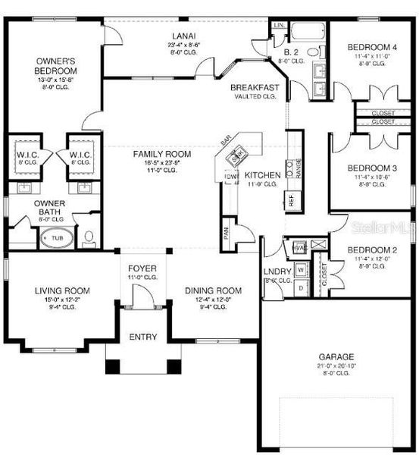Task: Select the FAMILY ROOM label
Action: (162, 154)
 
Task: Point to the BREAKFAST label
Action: (255, 88)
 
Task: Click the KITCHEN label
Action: (264, 175)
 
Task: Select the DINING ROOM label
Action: (213, 290)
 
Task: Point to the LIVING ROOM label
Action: (62, 290)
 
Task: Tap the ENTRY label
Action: (143, 337)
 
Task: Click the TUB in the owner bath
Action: (57, 238)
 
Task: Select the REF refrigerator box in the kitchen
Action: (290, 200)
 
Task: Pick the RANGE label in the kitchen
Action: (299, 168)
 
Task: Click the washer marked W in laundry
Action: (301, 269)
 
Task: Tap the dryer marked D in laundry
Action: (301, 288)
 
